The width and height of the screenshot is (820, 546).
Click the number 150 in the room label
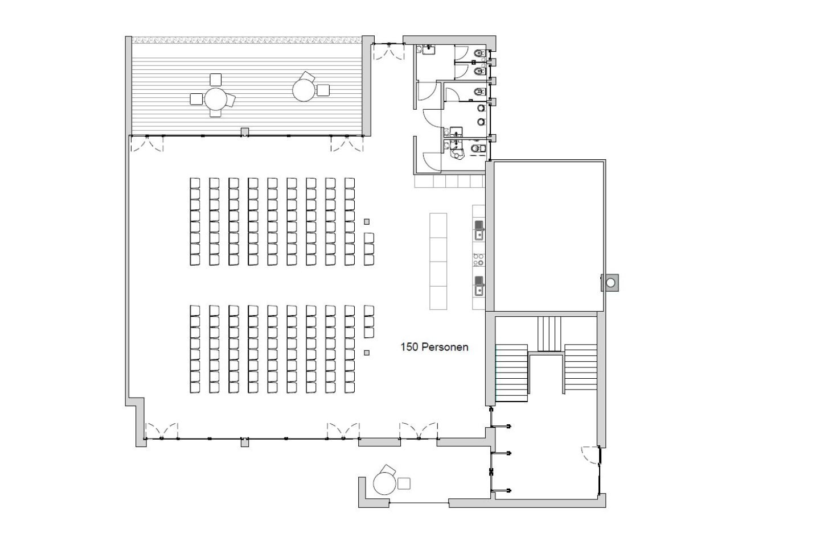click(409, 347)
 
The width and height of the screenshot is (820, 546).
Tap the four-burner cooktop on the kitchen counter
click(478, 260)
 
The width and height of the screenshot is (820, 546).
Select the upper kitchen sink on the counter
click(479, 230)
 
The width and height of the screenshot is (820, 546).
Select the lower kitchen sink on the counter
click(479, 286)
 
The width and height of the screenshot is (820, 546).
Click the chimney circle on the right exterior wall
click(610, 283)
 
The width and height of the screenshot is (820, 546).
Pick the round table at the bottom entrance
click(384, 483)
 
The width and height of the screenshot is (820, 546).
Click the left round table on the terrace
click(216, 99)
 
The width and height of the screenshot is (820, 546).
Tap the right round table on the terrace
click(304, 90)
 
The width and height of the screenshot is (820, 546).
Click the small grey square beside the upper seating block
click(367, 222)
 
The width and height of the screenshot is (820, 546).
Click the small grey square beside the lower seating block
click(367, 353)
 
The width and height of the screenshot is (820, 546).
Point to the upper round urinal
click(481, 108)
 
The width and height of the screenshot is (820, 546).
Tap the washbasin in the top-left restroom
click(428, 49)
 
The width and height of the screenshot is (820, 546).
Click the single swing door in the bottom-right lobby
click(591, 455)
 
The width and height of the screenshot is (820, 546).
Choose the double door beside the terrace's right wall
click(389, 51)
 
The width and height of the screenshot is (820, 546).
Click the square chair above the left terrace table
click(216, 80)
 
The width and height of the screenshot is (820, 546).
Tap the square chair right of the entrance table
click(404, 483)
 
